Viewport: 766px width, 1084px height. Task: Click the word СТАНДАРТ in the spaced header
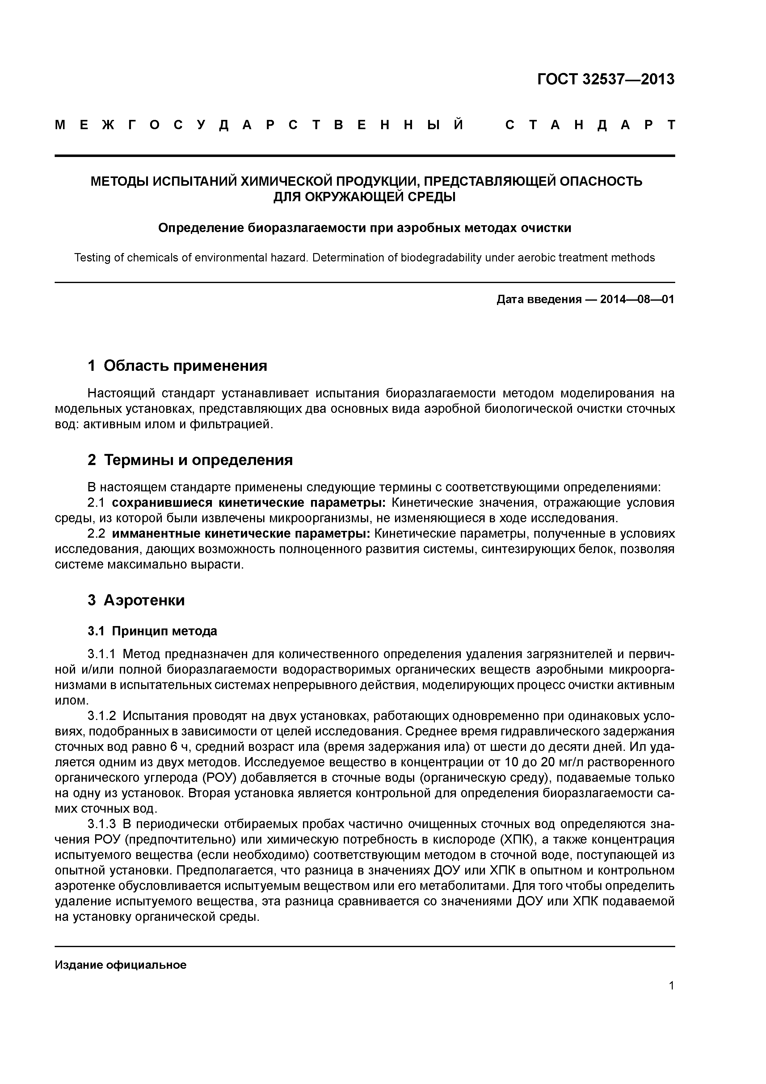pyautogui.click(x=590, y=125)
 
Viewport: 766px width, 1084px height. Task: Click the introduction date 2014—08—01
pyautogui.click(x=637, y=299)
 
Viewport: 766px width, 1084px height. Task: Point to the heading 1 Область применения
pyautogui.click(x=178, y=366)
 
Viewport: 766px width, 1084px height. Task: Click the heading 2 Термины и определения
pyautogui.click(x=190, y=459)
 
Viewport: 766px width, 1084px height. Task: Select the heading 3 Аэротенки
pyautogui.click(x=137, y=600)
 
